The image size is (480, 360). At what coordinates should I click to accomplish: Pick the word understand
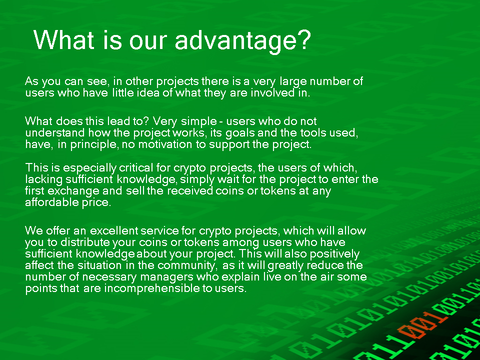pos(55,132)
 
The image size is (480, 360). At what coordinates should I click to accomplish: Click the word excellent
pos(113,230)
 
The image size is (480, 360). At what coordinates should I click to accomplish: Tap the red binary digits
pos(419,325)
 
